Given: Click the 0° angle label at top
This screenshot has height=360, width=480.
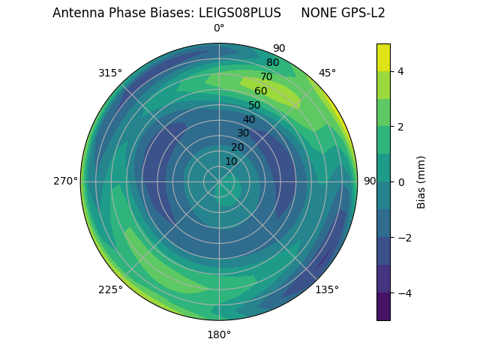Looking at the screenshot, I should click(x=219, y=28).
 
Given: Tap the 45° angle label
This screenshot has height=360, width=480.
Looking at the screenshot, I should click(x=328, y=73).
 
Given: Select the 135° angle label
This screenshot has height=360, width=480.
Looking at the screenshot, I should click(x=327, y=289).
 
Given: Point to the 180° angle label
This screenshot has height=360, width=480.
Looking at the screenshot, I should click(x=219, y=334).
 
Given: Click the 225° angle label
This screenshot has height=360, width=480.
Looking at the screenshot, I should click(x=110, y=289).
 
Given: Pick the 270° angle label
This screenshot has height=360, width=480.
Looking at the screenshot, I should click(x=65, y=181).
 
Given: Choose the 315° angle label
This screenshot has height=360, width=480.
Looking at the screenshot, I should click(x=110, y=73).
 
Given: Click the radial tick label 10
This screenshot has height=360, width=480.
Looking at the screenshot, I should click(x=232, y=161).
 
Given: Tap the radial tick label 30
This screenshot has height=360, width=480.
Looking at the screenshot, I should click(x=243, y=133).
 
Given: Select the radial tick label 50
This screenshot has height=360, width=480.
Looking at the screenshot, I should click(x=255, y=106).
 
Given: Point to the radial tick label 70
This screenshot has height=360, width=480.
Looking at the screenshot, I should click(x=267, y=76).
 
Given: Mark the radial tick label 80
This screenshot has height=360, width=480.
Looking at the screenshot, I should click(x=273, y=63).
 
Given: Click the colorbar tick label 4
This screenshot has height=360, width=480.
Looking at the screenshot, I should click(x=400, y=71).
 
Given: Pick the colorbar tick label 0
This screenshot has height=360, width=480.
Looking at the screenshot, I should click(x=400, y=182).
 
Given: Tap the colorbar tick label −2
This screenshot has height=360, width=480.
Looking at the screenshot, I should click(x=403, y=238).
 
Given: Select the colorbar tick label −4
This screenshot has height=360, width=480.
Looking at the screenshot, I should click(x=403, y=293).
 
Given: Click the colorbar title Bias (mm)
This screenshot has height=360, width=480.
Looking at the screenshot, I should click(x=421, y=181).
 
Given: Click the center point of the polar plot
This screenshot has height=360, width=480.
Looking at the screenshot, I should click(x=219, y=181).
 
